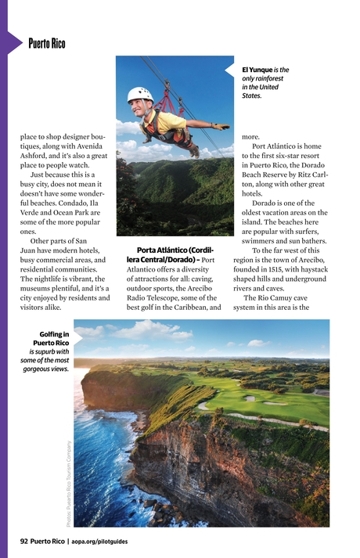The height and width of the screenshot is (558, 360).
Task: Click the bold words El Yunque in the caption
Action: coord(257,70)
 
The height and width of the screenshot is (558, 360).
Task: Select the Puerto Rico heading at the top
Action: coord(46,44)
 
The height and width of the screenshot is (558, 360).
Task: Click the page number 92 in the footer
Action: coord(24,541)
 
